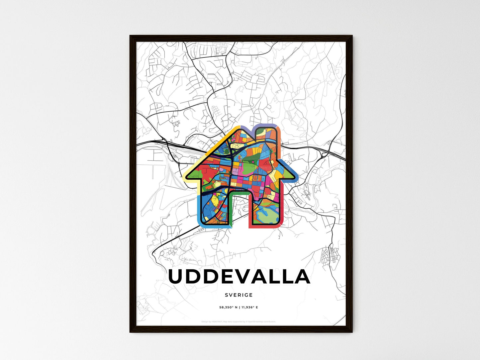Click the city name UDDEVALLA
[239, 277]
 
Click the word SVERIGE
[239, 295]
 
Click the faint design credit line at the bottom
[239, 321]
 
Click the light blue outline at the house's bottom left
[199, 213]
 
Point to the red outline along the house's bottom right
[266, 227]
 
